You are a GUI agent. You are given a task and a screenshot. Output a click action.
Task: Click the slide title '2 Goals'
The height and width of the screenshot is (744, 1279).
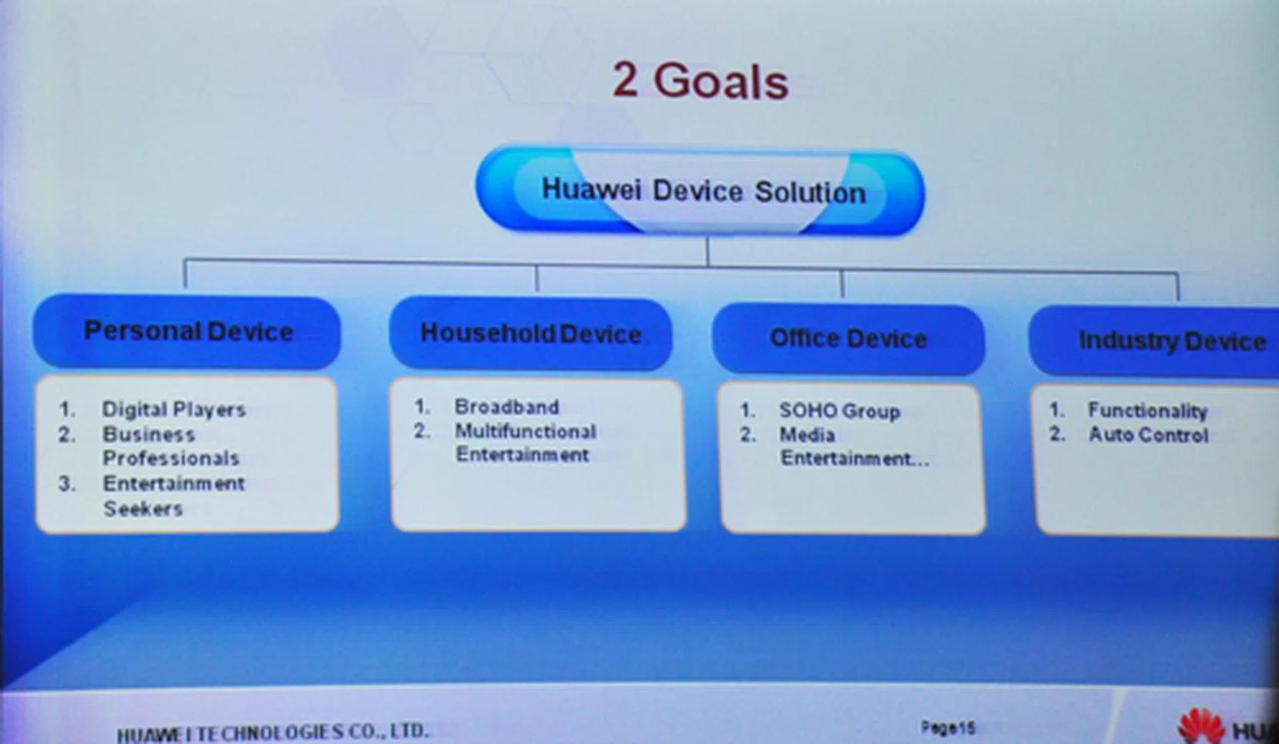700,81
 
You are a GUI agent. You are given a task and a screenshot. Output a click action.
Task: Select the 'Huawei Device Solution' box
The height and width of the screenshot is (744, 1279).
700,190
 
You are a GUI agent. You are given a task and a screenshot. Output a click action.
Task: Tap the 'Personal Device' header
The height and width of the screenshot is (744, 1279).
187,332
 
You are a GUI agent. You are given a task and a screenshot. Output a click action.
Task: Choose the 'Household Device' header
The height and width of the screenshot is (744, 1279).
531,334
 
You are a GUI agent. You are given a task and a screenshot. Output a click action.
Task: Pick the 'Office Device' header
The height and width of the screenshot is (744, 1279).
848,339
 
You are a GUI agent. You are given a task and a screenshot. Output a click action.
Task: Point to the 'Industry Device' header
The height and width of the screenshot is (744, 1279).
1159,341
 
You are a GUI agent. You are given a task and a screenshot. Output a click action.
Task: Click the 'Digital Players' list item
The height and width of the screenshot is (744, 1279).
174,409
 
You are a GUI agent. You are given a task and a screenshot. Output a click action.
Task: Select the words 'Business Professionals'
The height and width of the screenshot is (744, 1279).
171,446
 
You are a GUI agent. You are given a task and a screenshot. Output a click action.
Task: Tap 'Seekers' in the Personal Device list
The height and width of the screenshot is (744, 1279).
143,509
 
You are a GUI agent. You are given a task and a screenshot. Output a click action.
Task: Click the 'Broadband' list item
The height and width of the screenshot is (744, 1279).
507,406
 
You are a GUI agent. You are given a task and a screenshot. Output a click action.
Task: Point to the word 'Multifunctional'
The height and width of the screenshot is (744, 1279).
526,432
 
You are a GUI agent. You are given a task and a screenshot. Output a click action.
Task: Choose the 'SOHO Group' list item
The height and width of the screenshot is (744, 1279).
840,411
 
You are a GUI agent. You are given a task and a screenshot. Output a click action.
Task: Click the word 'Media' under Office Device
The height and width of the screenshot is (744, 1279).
807,435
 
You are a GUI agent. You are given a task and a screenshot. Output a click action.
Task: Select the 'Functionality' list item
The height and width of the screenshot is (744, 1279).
1147,410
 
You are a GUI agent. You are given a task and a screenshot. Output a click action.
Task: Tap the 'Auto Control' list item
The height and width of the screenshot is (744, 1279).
1148,435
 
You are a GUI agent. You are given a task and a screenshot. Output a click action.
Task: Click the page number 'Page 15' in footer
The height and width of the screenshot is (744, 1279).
948,727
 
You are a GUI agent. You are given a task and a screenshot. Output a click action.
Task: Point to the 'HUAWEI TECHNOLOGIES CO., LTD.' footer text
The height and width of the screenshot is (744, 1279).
272,733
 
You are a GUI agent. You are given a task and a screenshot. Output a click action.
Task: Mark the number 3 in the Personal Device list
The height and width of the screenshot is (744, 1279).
66,484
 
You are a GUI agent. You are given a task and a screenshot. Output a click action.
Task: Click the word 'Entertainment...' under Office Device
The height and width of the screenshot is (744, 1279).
855,459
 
